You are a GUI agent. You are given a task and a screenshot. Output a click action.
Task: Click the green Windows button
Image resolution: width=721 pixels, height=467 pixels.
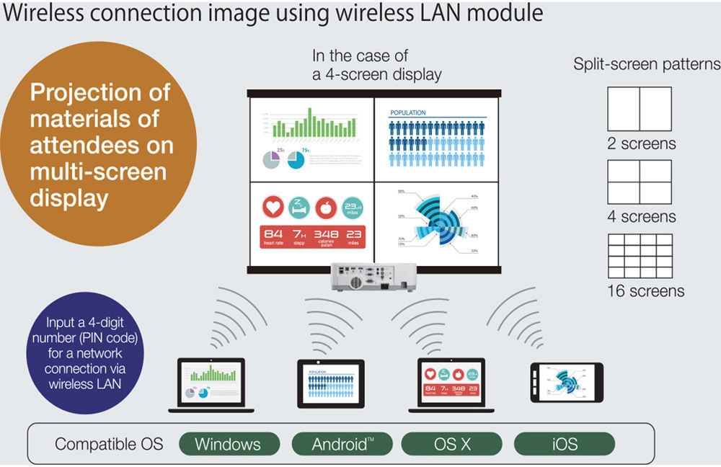pyautogui.click(x=229, y=444)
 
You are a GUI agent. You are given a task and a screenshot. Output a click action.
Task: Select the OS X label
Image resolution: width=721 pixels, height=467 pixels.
pyautogui.click(x=451, y=444)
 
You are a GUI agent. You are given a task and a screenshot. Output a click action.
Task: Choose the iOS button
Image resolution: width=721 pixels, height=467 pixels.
pyautogui.click(x=564, y=444)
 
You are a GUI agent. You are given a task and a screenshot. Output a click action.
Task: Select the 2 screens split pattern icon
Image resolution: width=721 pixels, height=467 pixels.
pyautogui.click(x=640, y=109)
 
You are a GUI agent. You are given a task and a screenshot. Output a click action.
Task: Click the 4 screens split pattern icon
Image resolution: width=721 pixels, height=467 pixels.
pyautogui.click(x=640, y=182)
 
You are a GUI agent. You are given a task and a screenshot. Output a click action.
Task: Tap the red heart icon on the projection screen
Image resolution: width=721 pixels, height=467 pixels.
pyautogui.click(x=271, y=208)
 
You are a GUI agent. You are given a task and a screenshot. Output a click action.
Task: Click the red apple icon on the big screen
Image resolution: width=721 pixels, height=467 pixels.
pyautogui.click(x=325, y=208)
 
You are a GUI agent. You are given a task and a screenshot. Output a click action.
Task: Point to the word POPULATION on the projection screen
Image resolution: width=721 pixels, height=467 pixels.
pyautogui.click(x=408, y=113)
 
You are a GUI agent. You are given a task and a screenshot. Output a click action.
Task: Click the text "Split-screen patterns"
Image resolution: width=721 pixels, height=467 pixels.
pyautogui.click(x=646, y=64)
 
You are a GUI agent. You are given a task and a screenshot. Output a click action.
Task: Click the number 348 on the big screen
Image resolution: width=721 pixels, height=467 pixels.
pyautogui.click(x=325, y=234)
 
